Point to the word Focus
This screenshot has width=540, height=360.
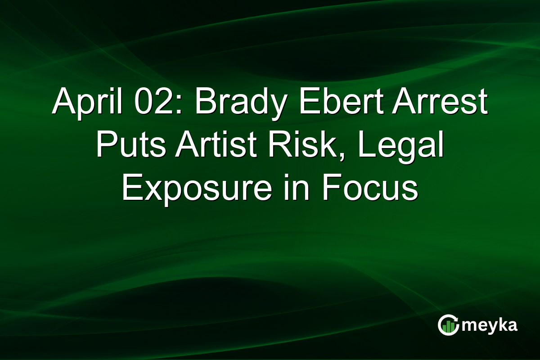[370, 189]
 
